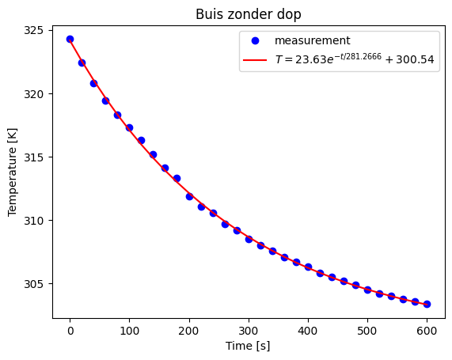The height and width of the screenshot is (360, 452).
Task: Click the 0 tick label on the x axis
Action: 70,329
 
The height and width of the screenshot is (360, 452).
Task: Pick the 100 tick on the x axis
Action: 130,329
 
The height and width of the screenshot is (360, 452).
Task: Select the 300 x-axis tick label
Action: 249,329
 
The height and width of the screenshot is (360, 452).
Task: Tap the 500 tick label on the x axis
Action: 367,329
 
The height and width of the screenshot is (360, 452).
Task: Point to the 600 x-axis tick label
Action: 427,329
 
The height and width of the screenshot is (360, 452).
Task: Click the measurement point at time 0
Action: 70,39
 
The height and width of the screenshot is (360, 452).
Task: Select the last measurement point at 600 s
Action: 427,304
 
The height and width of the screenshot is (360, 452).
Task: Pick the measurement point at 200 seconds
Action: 189,196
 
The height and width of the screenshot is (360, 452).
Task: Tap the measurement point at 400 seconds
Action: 308,267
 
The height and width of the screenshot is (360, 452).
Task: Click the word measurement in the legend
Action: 312,40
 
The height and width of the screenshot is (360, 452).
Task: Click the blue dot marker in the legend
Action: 256,40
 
